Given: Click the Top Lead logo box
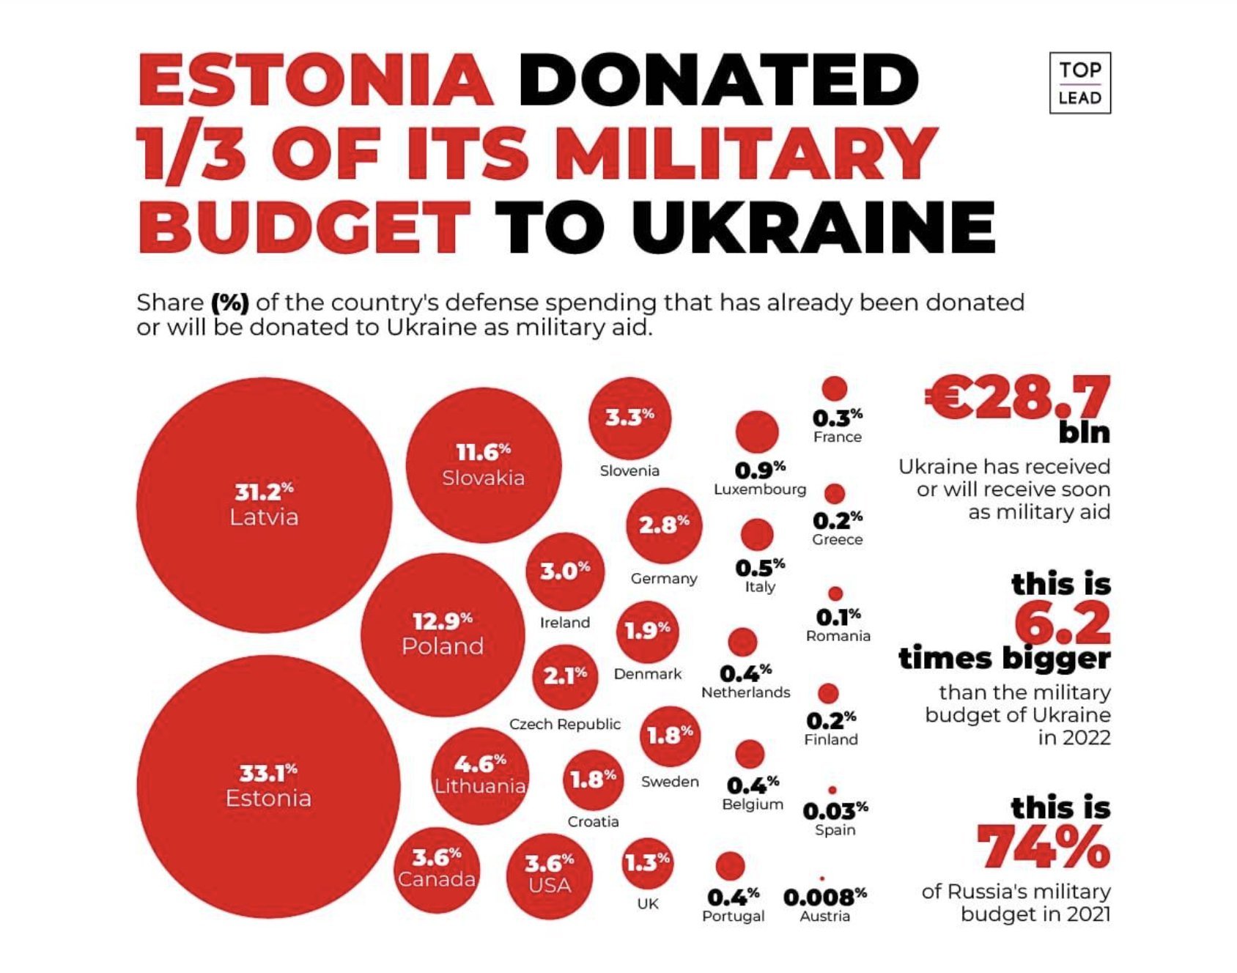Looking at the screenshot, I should point(1079,83).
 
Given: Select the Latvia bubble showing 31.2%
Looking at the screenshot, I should point(264,505).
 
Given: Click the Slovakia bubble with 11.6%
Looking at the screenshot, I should point(484,465).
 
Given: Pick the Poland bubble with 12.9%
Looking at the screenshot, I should point(443,635).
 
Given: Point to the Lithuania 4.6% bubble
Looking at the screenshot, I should point(480,775).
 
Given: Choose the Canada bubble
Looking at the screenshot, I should point(437,867).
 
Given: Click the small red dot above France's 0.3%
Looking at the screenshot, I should point(834,389).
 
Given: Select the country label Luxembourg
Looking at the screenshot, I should point(760,489).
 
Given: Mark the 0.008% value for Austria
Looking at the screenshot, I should point(824,897).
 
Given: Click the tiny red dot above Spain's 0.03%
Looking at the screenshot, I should point(832,790).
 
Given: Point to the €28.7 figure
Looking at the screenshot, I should point(1019,399).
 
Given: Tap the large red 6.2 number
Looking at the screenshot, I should point(1063,624).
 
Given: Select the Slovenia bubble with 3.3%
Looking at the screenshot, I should point(629,418).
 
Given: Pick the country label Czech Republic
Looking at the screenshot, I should point(565,724).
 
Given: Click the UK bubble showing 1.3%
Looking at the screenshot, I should point(647,864).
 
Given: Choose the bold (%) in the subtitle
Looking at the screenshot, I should point(230,303).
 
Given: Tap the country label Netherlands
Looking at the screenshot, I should point(746,692).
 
